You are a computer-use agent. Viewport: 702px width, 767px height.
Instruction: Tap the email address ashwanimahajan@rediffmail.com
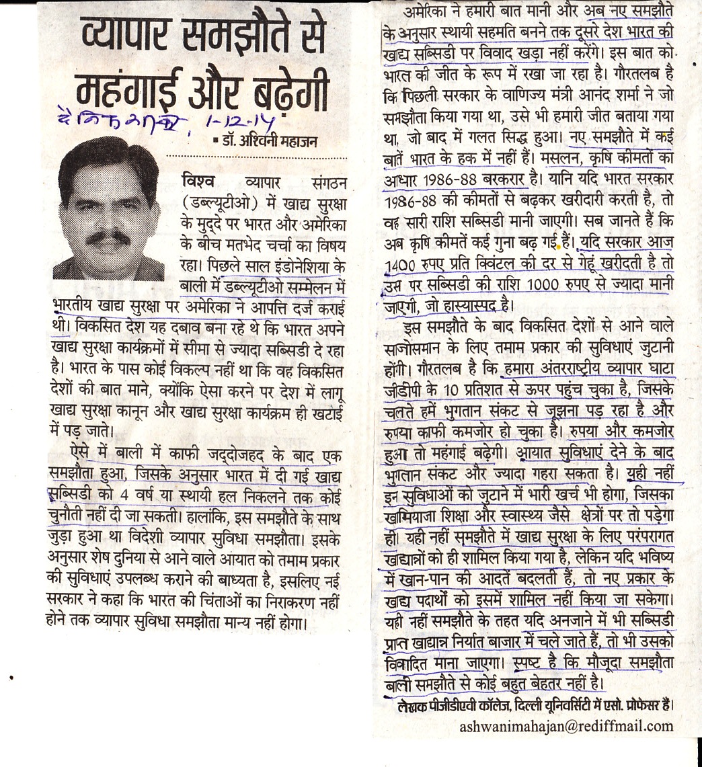coord(566,725)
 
